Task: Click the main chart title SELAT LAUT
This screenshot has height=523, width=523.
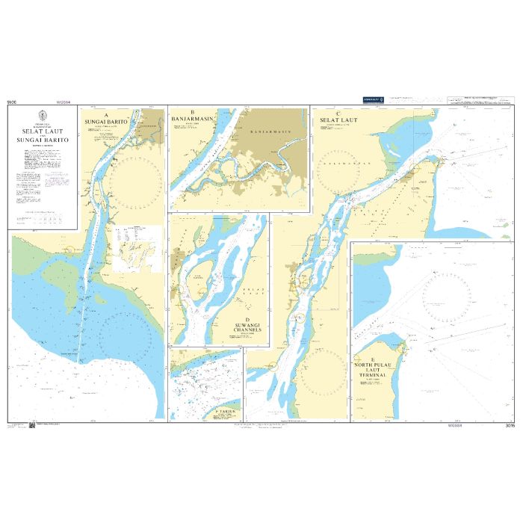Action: [43, 130]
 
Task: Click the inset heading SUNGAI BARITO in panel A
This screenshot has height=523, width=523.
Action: [107, 121]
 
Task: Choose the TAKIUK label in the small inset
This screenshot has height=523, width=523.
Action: [225, 412]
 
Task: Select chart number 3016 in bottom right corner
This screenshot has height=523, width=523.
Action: [509, 426]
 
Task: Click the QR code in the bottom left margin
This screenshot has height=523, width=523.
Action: [32, 426]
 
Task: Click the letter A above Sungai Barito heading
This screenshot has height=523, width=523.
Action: [106, 114]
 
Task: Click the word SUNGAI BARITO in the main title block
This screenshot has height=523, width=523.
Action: [43, 140]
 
